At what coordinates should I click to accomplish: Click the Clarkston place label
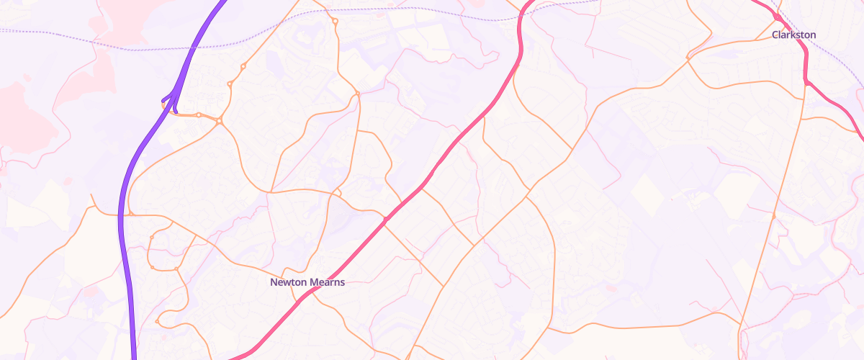point(793,35)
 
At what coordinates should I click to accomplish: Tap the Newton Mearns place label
point(307,282)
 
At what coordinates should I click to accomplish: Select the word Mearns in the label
point(327,282)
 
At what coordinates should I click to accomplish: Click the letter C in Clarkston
point(775,35)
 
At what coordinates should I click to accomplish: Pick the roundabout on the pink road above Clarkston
point(778,16)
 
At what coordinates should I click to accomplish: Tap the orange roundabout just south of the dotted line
point(336,22)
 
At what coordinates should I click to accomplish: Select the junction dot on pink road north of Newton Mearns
point(387,217)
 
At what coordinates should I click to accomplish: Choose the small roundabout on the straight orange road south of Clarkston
point(774,215)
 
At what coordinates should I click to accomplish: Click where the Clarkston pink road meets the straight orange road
point(805,82)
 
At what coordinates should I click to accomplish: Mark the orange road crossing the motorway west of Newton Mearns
point(120,215)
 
